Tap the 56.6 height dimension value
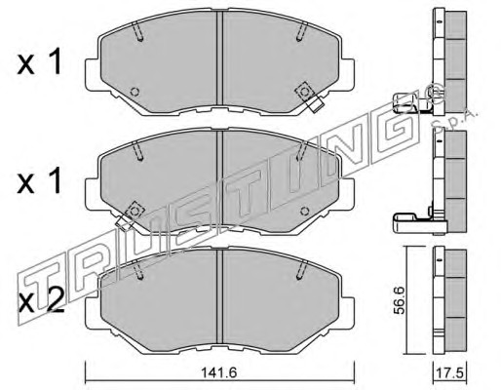[x=399, y=304]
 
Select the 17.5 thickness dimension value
[x=450, y=372]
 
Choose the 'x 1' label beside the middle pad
[x=39, y=181]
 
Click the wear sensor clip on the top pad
[x=309, y=97]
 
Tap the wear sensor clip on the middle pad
[x=130, y=214]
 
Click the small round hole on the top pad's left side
[x=135, y=92]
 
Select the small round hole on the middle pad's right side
[x=304, y=211]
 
